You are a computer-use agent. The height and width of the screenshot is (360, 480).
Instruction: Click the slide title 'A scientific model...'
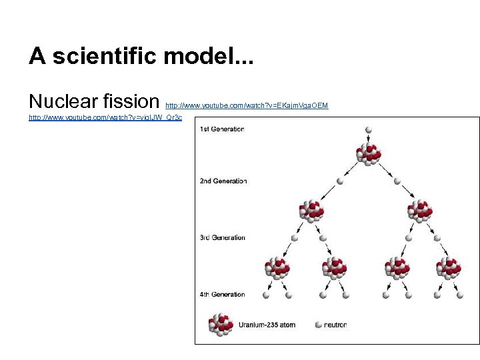click(141, 56)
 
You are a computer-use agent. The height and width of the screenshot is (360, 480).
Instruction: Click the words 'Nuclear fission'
click(93, 101)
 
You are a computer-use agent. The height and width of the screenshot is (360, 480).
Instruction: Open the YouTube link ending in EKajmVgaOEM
click(247, 105)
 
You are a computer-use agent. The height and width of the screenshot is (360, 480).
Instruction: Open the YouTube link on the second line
click(105, 117)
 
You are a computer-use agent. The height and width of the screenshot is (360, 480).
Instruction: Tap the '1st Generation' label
click(222, 129)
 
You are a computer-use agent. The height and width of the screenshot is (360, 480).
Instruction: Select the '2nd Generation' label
click(223, 181)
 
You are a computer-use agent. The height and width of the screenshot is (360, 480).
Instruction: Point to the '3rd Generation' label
click(222, 237)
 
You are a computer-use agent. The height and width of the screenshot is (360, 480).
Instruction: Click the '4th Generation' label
click(222, 294)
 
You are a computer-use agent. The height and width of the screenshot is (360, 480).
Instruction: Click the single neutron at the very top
click(369, 130)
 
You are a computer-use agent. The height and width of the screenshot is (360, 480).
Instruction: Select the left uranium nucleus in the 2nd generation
click(311, 210)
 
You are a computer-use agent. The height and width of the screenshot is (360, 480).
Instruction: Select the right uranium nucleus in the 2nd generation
click(420, 210)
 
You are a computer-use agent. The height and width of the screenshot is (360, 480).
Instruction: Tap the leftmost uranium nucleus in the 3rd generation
click(277, 267)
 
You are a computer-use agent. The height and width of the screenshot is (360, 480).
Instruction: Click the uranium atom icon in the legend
click(221, 325)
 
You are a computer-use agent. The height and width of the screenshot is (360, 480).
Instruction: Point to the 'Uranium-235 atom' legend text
click(267, 325)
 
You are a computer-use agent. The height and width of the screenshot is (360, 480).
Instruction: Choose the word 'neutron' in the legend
click(335, 325)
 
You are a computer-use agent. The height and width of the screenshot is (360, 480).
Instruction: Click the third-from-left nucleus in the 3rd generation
click(397, 267)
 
